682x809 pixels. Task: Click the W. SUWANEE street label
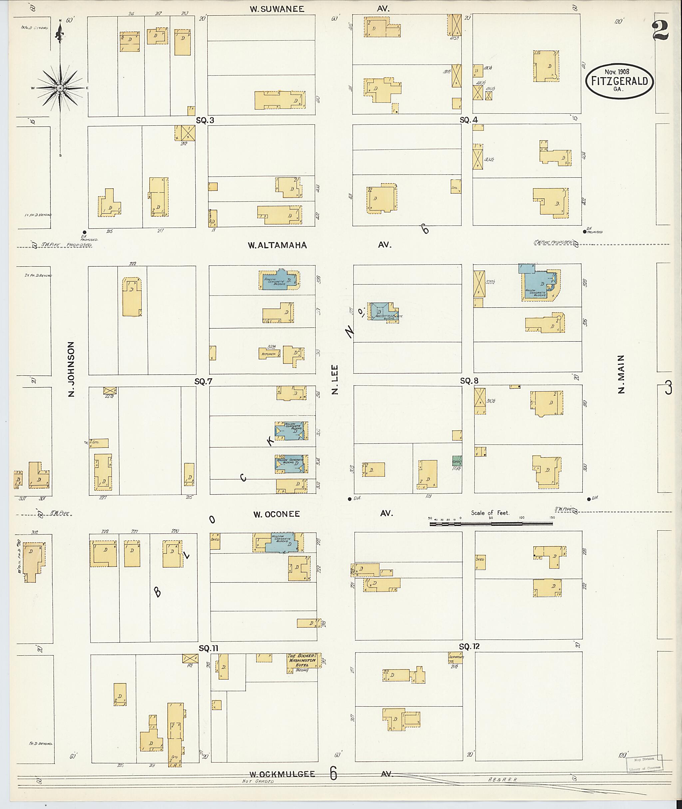pyautogui.click(x=277, y=9)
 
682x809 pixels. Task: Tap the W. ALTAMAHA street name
pyautogui.click(x=277, y=245)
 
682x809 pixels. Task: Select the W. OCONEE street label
pyautogui.click(x=276, y=514)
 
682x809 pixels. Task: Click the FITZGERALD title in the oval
pyautogui.click(x=619, y=81)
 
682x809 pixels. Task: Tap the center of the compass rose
pyautogui.click(x=60, y=88)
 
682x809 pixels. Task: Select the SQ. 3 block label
pyautogui.click(x=205, y=120)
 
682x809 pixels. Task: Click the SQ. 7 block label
pyautogui.click(x=203, y=382)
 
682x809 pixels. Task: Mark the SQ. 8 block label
pyautogui.click(x=469, y=381)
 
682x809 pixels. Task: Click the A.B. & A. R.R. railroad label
pyautogui.click(x=502, y=780)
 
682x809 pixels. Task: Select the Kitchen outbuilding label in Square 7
pyautogui.click(x=269, y=354)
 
